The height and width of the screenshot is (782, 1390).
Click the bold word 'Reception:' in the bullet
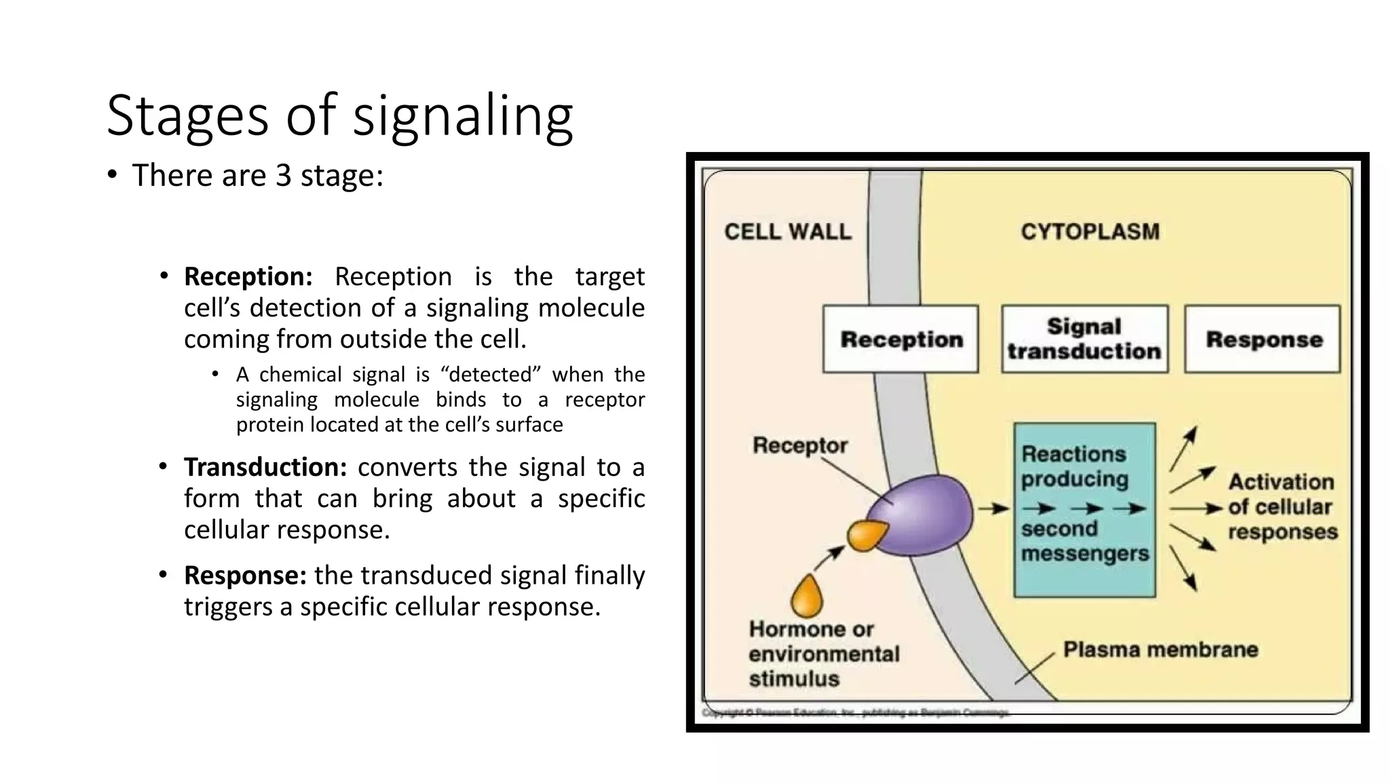248,277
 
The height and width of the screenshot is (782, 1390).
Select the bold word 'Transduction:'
265,468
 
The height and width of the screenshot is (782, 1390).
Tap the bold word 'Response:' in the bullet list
245,576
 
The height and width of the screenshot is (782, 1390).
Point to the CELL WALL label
787,232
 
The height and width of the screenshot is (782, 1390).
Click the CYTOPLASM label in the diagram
1090,232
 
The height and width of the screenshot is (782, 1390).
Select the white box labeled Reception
901,339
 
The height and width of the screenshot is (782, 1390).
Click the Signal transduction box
1084,339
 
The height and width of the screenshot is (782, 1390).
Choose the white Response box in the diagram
1263,339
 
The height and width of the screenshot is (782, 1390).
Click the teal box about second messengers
1084,509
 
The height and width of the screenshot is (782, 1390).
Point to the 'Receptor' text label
800,446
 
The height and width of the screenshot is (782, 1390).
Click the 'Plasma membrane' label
1160,650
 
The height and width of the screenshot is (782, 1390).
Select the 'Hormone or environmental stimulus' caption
823,654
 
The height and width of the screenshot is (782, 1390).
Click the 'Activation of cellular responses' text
1281,507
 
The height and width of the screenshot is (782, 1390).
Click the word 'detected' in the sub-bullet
491,375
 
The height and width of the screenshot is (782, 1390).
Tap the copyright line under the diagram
855,713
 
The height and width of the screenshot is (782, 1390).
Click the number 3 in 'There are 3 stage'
283,176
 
